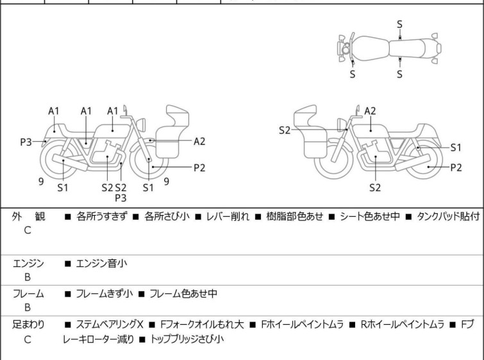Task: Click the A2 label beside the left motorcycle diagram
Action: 199,141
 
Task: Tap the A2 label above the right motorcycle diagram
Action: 370,110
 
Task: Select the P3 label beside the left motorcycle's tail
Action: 26,142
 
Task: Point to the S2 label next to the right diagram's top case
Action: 285,130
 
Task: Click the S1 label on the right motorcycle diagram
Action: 456,147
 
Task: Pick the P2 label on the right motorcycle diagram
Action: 456,167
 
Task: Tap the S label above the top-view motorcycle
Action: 400,24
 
